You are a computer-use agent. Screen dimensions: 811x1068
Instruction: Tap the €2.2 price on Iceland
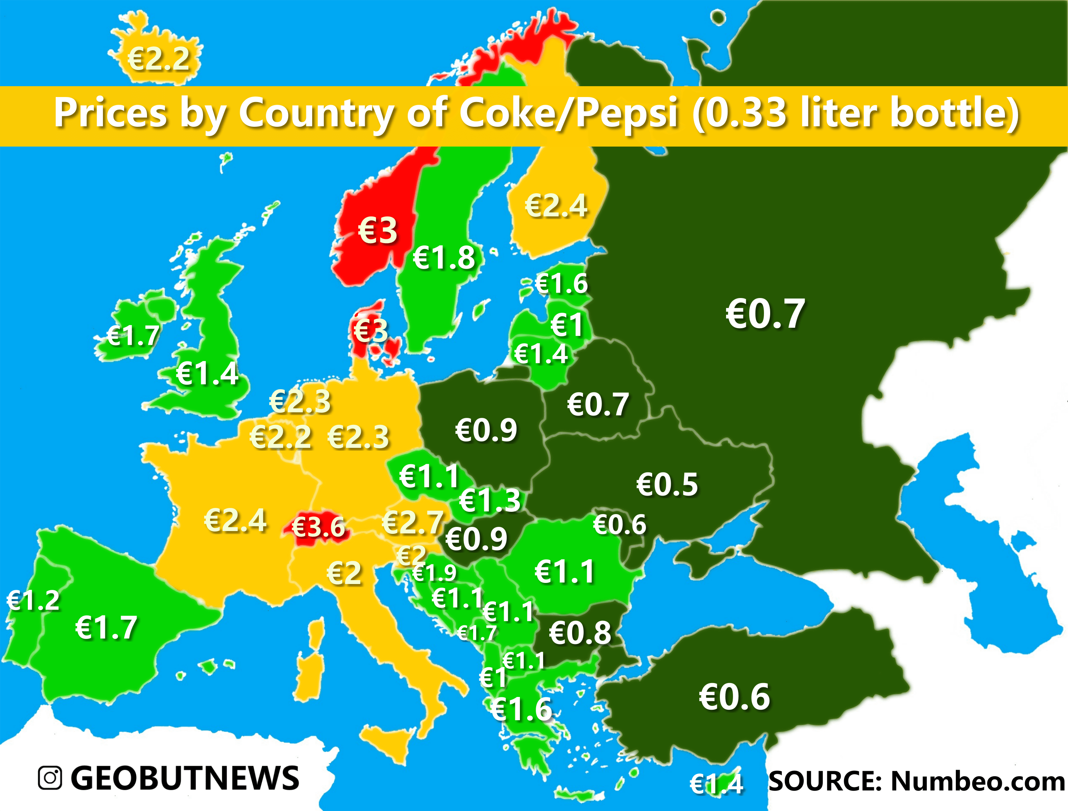click(x=159, y=59)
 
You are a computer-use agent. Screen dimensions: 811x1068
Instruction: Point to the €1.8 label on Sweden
click(x=444, y=257)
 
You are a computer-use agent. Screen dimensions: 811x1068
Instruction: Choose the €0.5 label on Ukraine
click(x=667, y=485)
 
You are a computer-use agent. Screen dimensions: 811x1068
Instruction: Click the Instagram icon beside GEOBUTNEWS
click(x=50, y=778)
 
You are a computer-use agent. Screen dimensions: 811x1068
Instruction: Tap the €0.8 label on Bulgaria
click(x=580, y=633)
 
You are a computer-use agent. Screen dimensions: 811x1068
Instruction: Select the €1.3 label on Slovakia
click(x=490, y=500)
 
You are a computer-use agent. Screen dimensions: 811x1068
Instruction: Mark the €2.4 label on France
click(x=235, y=520)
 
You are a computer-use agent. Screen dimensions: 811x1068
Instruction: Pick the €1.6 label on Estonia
click(x=561, y=283)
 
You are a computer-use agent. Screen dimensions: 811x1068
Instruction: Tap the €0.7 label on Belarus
click(x=598, y=405)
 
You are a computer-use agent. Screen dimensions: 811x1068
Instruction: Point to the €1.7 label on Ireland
click(x=133, y=336)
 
